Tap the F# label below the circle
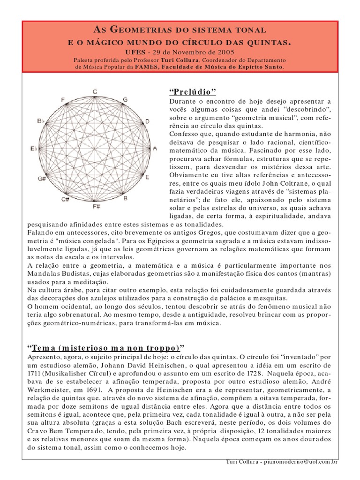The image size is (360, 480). (x=96, y=206)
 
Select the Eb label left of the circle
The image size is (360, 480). (x=33, y=149)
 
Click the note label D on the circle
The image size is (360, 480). (x=147, y=121)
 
